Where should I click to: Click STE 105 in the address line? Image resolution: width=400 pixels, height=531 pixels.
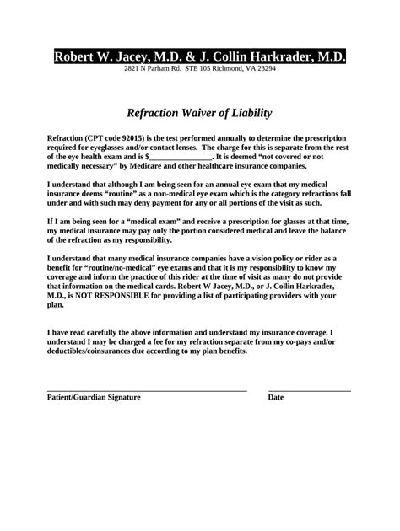[x=186, y=68]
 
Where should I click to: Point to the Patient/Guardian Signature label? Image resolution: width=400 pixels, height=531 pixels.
[x=94, y=397]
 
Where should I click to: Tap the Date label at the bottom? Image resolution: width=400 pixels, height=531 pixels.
[x=276, y=397]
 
